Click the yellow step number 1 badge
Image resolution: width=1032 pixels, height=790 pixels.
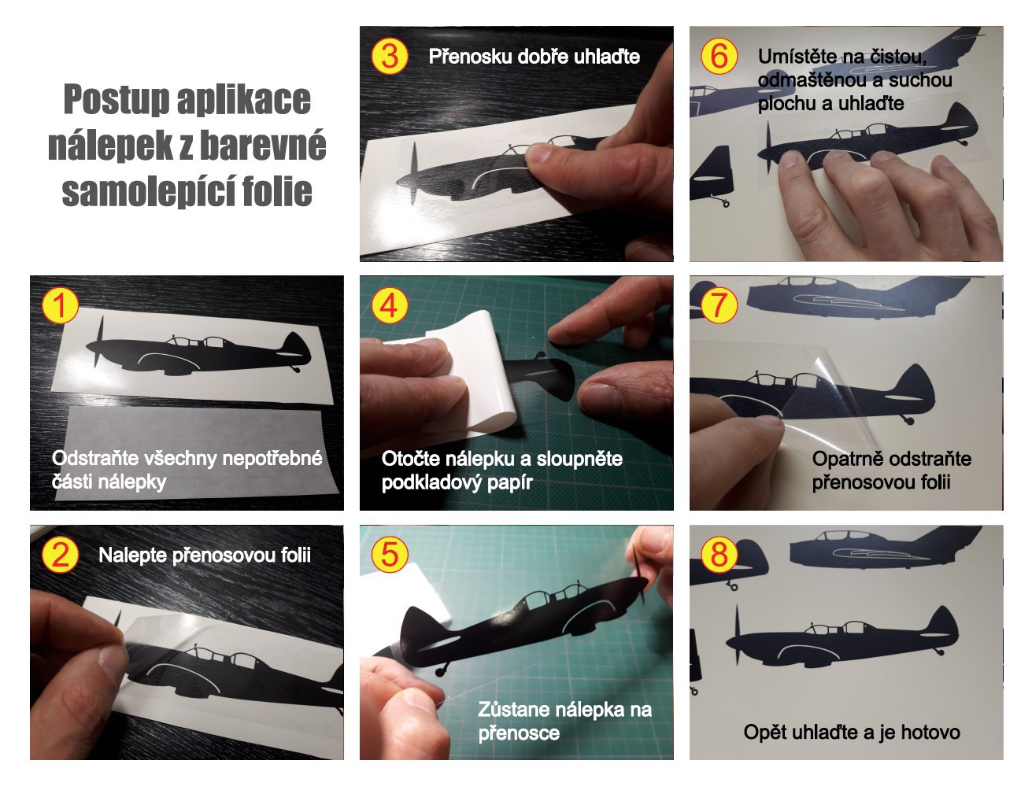pos(59,305)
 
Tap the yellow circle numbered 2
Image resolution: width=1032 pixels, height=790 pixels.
pos(59,554)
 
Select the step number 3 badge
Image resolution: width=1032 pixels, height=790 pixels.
pos(389,56)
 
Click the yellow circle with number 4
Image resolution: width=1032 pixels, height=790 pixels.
pos(389,305)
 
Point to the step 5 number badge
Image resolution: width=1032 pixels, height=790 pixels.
pos(389,554)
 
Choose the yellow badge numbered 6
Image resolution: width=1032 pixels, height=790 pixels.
pos(719,56)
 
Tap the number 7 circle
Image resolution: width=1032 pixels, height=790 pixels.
pos(719,305)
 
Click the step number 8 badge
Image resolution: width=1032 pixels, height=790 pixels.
pos(719,554)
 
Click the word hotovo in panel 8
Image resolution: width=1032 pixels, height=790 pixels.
pos(930,733)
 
